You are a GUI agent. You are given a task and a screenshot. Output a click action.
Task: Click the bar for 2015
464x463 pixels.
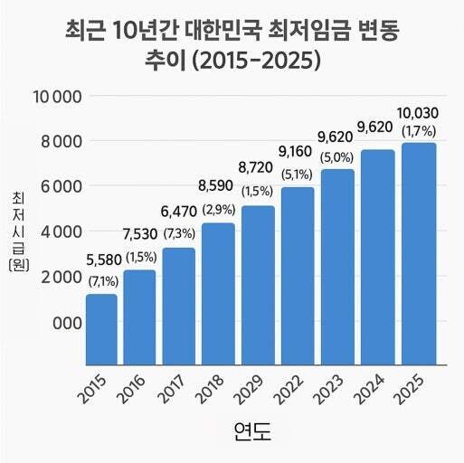tap(101, 328)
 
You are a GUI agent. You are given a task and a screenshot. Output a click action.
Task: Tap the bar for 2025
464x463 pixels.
tap(417, 253)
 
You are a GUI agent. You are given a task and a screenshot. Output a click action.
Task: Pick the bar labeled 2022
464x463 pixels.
tap(298, 275)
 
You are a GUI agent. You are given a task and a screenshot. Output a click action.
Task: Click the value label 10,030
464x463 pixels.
tap(417, 113)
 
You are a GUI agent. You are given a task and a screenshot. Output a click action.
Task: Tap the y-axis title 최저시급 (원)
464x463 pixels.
tap(17, 231)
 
